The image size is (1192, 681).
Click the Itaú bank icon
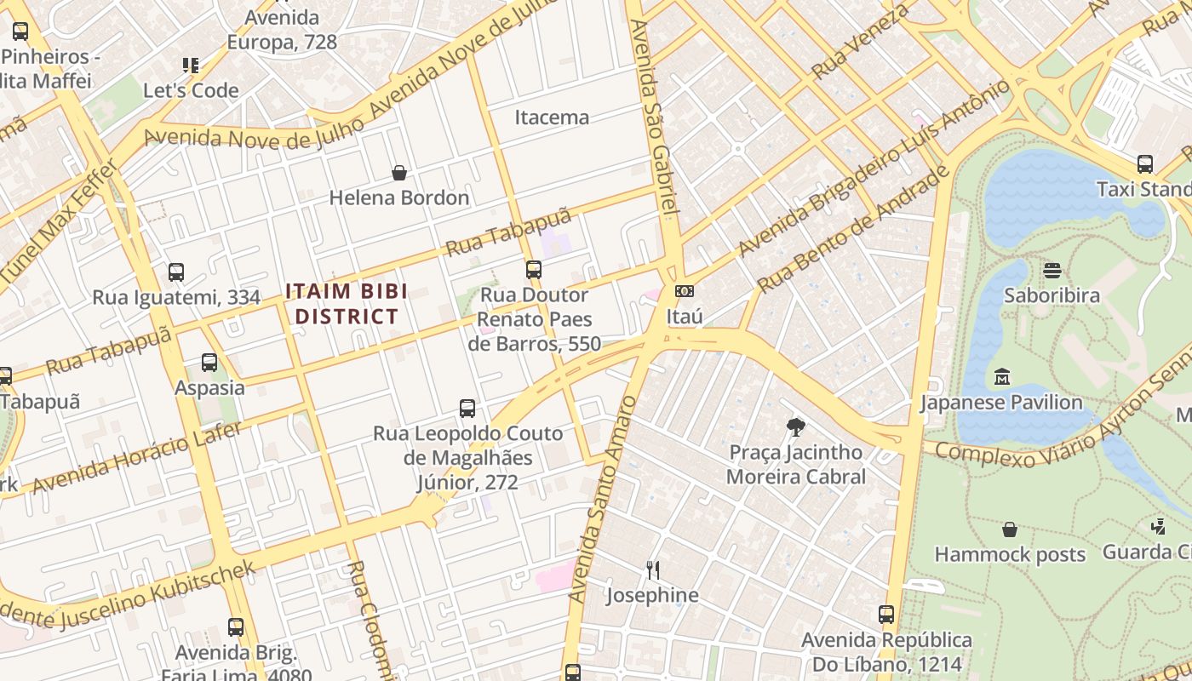pyautogui.click(x=684, y=291)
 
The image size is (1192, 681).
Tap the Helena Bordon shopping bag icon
pyautogui.click(x=398, y=173)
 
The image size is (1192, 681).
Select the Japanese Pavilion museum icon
pyautogui.click(x=1001, y=376)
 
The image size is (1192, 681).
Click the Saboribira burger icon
pyautogui.click(x=1052, y=270)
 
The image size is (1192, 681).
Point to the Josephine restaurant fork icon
pyautogui.click(x=653, y=569)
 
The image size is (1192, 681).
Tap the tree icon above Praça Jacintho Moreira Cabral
pyautogui.click(x=795, y=426)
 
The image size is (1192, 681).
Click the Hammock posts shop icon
pyautogui.click(x=1009, y=529)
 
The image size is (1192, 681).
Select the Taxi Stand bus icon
pyautogui.click(x=1144, y=163)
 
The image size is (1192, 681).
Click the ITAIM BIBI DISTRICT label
pyautogui.click(x=347, y=304)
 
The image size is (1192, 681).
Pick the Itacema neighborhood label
pyautogui.click(x=552, y=117)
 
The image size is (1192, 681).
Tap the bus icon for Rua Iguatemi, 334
pyautogui.click(x=176, y=272)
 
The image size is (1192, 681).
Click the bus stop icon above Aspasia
pyautogui.click(x=209, y=363)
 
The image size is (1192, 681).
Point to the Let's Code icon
pyautogui.click(x=191, y=65)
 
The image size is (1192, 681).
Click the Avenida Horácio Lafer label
pyautogui.click(x=137, y=460)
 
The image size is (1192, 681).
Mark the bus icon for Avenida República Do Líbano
pyautogui.click(x=886, y=614)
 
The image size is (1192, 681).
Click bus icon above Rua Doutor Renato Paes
pyautogui.click(x=534, y=270)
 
